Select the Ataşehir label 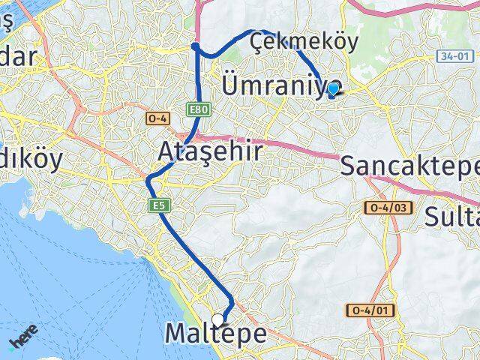click(x=211, y=152)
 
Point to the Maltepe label click(x=215, y=334)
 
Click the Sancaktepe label click(x=409, y=166)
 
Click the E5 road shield click(x=157, y=205)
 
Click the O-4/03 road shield click(x=388, y=207)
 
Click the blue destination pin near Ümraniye click(x=333, y=88)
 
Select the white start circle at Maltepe click(x=218, y=319)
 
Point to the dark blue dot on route click(x=195, y=46)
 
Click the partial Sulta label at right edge click(x=452, y=217)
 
